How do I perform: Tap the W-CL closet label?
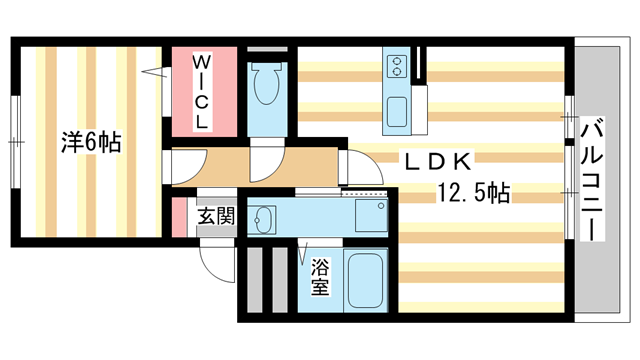point(201,92)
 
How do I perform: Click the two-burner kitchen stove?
point(395,66)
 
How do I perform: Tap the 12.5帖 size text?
point(472,192)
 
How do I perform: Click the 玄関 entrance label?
point(215,216)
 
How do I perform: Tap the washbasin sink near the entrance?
point(265,218)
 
